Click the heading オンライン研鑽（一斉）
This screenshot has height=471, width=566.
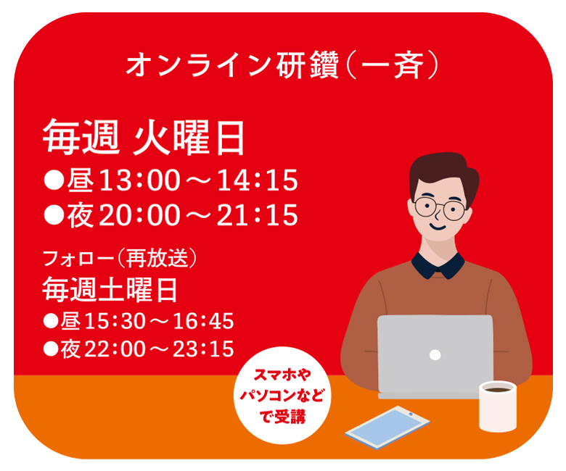(283, 65)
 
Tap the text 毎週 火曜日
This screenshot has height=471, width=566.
(144, 137)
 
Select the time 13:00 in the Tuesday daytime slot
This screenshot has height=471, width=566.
(139, 180)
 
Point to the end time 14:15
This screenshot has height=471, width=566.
(258, 180)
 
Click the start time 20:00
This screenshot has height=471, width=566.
(139, 214)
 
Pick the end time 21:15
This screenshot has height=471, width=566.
(258, 214)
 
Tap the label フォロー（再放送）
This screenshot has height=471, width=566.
(120, 258)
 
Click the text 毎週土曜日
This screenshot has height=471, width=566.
(110, 290)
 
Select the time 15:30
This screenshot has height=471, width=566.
(114, 321)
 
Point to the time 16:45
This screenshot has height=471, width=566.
(203, 321)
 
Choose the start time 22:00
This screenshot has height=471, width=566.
(114, 349)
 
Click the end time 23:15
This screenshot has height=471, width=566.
(203, 349)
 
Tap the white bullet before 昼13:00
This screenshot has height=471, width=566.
(54, 180)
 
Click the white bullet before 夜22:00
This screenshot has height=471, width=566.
(51, 349)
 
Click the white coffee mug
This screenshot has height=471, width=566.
(497, 406)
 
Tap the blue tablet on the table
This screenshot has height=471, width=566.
(387, 428)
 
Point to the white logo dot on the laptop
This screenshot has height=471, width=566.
(435, 355)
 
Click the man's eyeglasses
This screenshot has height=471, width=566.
(440, 208)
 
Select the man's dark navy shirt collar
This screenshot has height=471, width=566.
(438, 266)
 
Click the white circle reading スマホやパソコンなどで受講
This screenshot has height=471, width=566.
(282, 396)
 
